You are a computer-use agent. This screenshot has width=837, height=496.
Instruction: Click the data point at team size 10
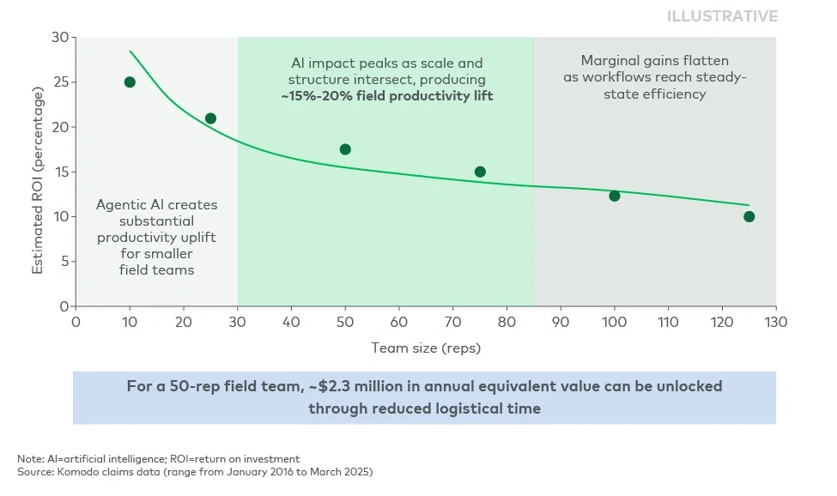pyautogui.click(x=130, y=82)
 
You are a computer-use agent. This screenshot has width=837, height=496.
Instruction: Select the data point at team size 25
pyautogui.click(x=210, y=118)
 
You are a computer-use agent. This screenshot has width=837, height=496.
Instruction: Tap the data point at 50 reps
pyautogui.click(x=345, y=149)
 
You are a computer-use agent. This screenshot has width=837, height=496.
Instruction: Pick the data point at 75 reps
pyautogui.click(x=480, y=172)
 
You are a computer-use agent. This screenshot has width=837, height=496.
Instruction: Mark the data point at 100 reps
pyautogui.click(x=615, y=196)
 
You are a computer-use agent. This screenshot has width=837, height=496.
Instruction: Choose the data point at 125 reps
pyautogui.click(x=749, y=216)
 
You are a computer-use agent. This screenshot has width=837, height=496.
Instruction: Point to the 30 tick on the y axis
pyautogui.click(x=60, y=38)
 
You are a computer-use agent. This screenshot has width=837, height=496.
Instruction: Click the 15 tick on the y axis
pyautogui.click(x=60, y=172)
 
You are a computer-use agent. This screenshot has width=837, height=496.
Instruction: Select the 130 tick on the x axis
pyautogui.click(x=775, y=322)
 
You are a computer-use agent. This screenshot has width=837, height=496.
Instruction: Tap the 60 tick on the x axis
pyautogui.click(x=399, y=322)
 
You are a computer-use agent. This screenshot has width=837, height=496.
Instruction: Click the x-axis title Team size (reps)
pyautogui.click(x=425, y=348)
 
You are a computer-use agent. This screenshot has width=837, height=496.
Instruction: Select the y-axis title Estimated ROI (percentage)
pyautogui.click(x=38, y=172)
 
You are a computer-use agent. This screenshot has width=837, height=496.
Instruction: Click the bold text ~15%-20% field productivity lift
pyautogui.click(x=386, y=96)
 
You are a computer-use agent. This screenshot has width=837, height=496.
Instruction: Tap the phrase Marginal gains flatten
pyautogui.click(x=654, y=61)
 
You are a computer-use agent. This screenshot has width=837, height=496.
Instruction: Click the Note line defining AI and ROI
pyautogui.click(x=159, y=459)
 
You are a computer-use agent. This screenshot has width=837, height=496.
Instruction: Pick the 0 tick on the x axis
pyautogui.click(x=76, y=322)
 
